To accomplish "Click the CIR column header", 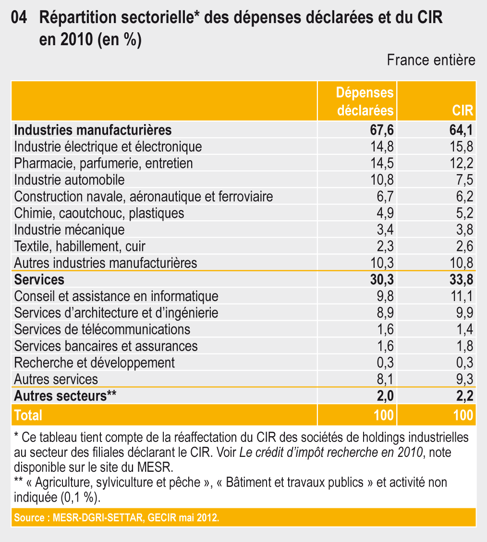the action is pos(463,111).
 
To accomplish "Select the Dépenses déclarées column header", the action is pos(365,101).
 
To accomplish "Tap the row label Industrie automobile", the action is pos(69,180).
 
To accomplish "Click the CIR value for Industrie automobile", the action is pos(464,180).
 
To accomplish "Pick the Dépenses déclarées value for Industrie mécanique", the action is pos(385,230).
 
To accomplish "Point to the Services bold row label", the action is pos(39,279).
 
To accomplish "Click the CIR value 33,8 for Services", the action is pos(461,279).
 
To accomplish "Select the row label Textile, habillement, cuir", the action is pos(80,246).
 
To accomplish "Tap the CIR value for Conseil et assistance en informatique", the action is pos(462,296).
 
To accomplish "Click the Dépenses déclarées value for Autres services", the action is pos(385,379).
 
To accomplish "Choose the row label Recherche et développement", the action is pos(94,363).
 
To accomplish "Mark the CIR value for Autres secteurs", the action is pos(464,396).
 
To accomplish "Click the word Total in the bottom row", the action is pos(28,415).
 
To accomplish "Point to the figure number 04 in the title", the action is pos(19,17).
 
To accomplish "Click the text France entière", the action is pos(431,60).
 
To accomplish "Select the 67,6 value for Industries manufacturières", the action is pos(382,130).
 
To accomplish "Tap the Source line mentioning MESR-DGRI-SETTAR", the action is pos(117,518).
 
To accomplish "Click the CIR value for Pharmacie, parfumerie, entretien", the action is pos(462,163).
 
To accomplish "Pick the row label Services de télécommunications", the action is pos(102,329).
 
